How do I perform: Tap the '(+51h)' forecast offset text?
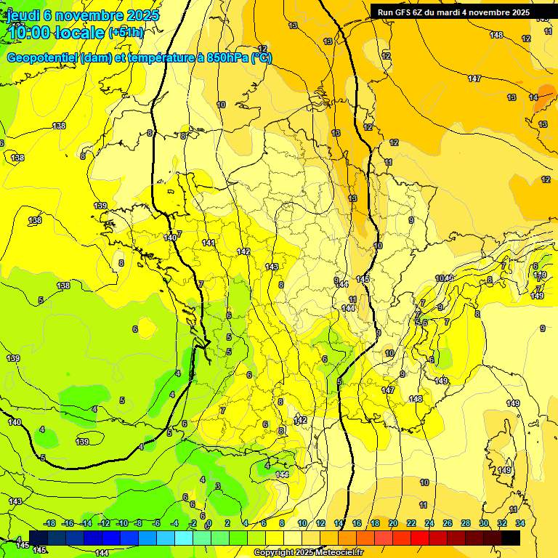[126, 33]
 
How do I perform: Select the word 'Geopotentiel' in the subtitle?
[42, 58]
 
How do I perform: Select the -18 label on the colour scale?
[50, 523]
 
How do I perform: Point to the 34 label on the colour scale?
[520, 523]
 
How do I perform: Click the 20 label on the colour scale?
[393, 523]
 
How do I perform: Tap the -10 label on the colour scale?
[122, 523]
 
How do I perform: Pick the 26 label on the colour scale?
[448, 523]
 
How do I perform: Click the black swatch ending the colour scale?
[511, 538]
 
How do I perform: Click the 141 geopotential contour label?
[209, 243]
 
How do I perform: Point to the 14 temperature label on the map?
[533, 97]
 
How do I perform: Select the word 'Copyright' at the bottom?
[274, 553]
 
